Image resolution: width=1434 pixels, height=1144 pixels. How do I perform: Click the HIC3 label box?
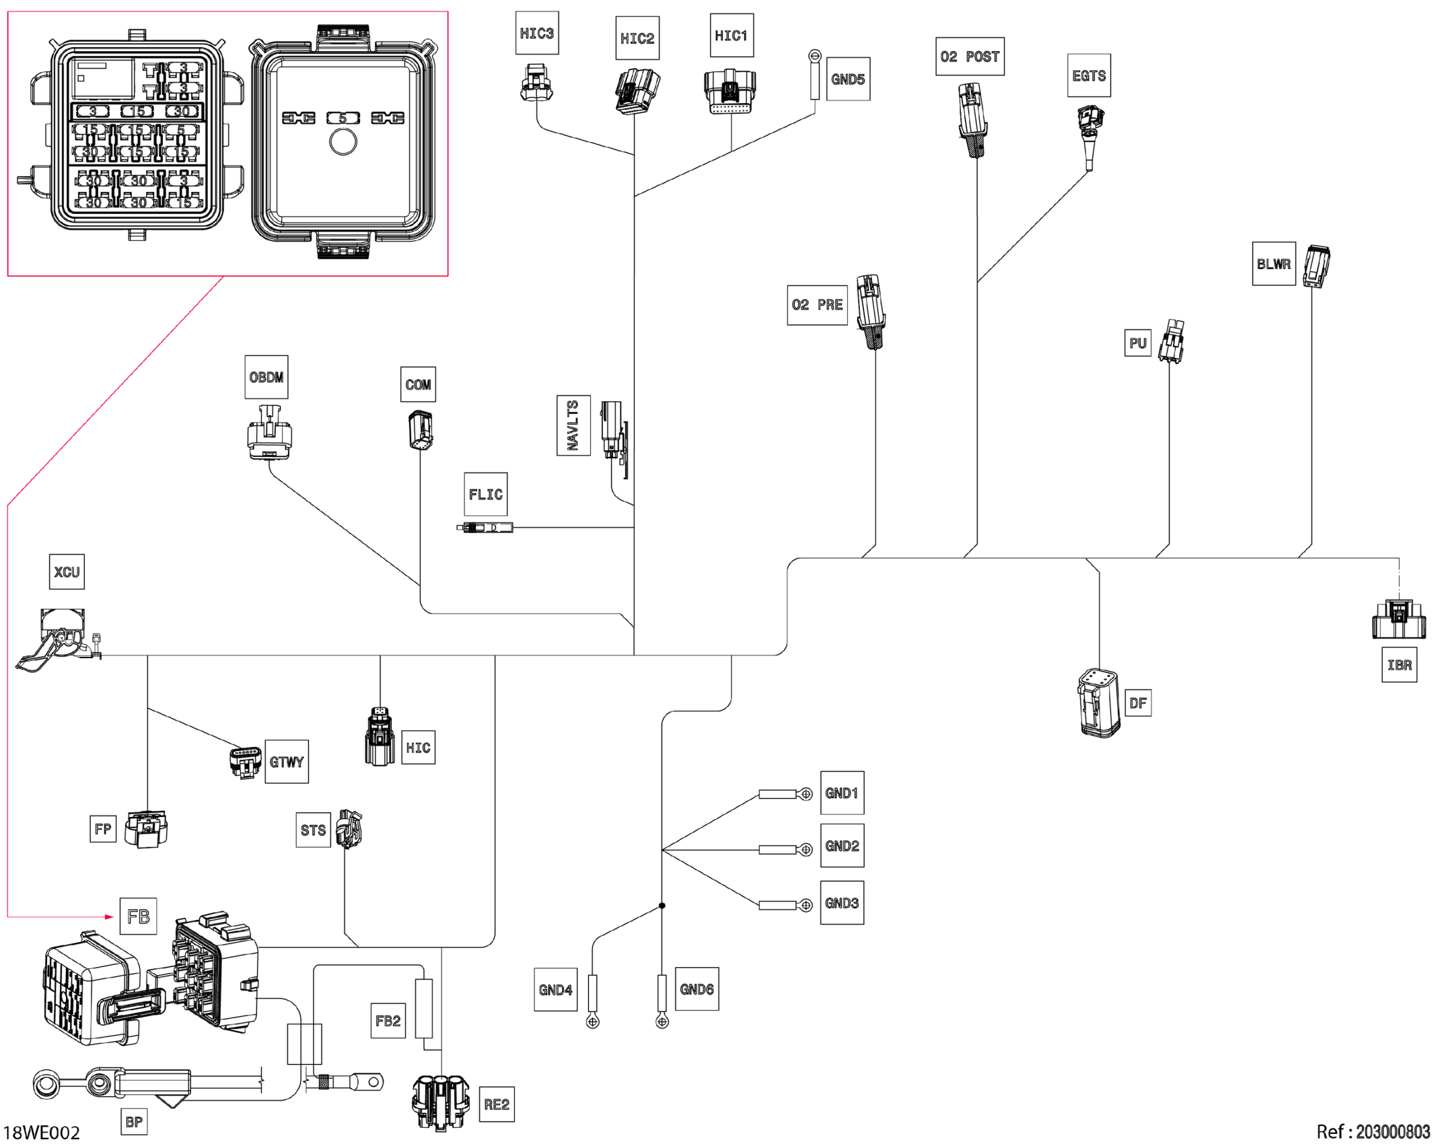(x=537, y=33)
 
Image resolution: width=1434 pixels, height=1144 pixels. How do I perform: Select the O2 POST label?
(x=970, y=57)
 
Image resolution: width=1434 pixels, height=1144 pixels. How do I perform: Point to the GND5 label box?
(x=848, y=79)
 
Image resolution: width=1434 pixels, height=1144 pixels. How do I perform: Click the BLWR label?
(x=1274, y=264)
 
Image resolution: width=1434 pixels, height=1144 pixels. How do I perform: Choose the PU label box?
(x=1138, y=343)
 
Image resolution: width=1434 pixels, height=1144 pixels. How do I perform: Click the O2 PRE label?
(x=817, y=305)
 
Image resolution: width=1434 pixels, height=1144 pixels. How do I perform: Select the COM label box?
(x=418, y=384)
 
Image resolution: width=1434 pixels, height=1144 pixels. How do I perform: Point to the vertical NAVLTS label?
(x=573, y=425)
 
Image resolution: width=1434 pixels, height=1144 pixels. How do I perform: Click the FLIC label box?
(x=485, y=495)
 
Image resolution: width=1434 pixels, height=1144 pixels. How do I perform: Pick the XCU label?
(x=67, y=572)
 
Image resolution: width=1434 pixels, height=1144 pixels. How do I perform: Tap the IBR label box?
(x=1399, y=665)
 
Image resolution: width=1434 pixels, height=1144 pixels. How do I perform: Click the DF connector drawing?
(x=1099, y=703)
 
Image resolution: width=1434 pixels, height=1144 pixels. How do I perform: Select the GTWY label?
(x=287, y=762)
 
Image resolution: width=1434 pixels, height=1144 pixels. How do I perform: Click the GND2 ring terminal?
(x=806, y=850)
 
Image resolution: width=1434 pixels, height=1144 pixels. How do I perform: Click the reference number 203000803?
(x=1392, y=1132)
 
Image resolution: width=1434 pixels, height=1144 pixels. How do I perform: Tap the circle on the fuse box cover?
(x=343, y=142)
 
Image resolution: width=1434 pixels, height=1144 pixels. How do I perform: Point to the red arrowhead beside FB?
(x=110, y=917)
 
